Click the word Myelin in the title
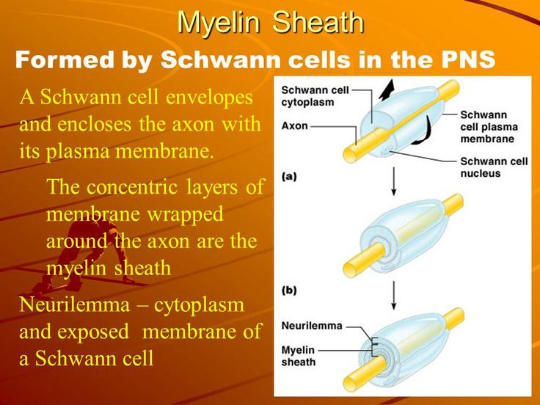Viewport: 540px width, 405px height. pos(219,23)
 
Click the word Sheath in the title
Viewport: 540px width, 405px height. pos(318,22)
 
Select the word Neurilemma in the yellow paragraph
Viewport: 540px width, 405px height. pos(75,304)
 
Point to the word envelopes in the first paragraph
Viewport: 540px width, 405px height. pos(209,98)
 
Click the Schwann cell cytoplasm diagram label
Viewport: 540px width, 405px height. pos(315,96)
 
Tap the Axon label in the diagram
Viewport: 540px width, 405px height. pos(294,126)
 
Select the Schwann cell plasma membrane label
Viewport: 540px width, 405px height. pos(489,127)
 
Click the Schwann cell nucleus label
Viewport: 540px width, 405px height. pos(494,167)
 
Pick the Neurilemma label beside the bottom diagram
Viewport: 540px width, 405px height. pos(312,326)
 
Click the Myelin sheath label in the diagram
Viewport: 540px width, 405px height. pos(298,356)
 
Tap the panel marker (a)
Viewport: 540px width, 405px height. pos(289,177)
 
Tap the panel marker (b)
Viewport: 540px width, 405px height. pos(289,291)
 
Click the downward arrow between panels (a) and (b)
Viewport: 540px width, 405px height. pos(394,181)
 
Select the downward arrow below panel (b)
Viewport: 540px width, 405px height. pos(394,295)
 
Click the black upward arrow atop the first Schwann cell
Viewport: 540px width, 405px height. pos(387,90)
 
